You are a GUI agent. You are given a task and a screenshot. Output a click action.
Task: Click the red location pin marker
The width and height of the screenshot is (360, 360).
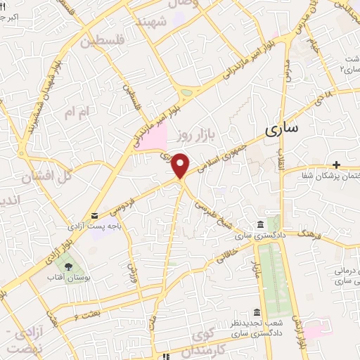pos(181,165)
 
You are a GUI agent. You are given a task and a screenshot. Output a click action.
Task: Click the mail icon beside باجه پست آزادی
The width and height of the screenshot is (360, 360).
pos(95,216)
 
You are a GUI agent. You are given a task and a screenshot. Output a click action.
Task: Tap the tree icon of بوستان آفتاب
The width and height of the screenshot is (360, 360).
pos(69,267)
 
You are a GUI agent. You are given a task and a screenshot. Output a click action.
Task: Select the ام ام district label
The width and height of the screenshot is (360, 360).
pos(79,112)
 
